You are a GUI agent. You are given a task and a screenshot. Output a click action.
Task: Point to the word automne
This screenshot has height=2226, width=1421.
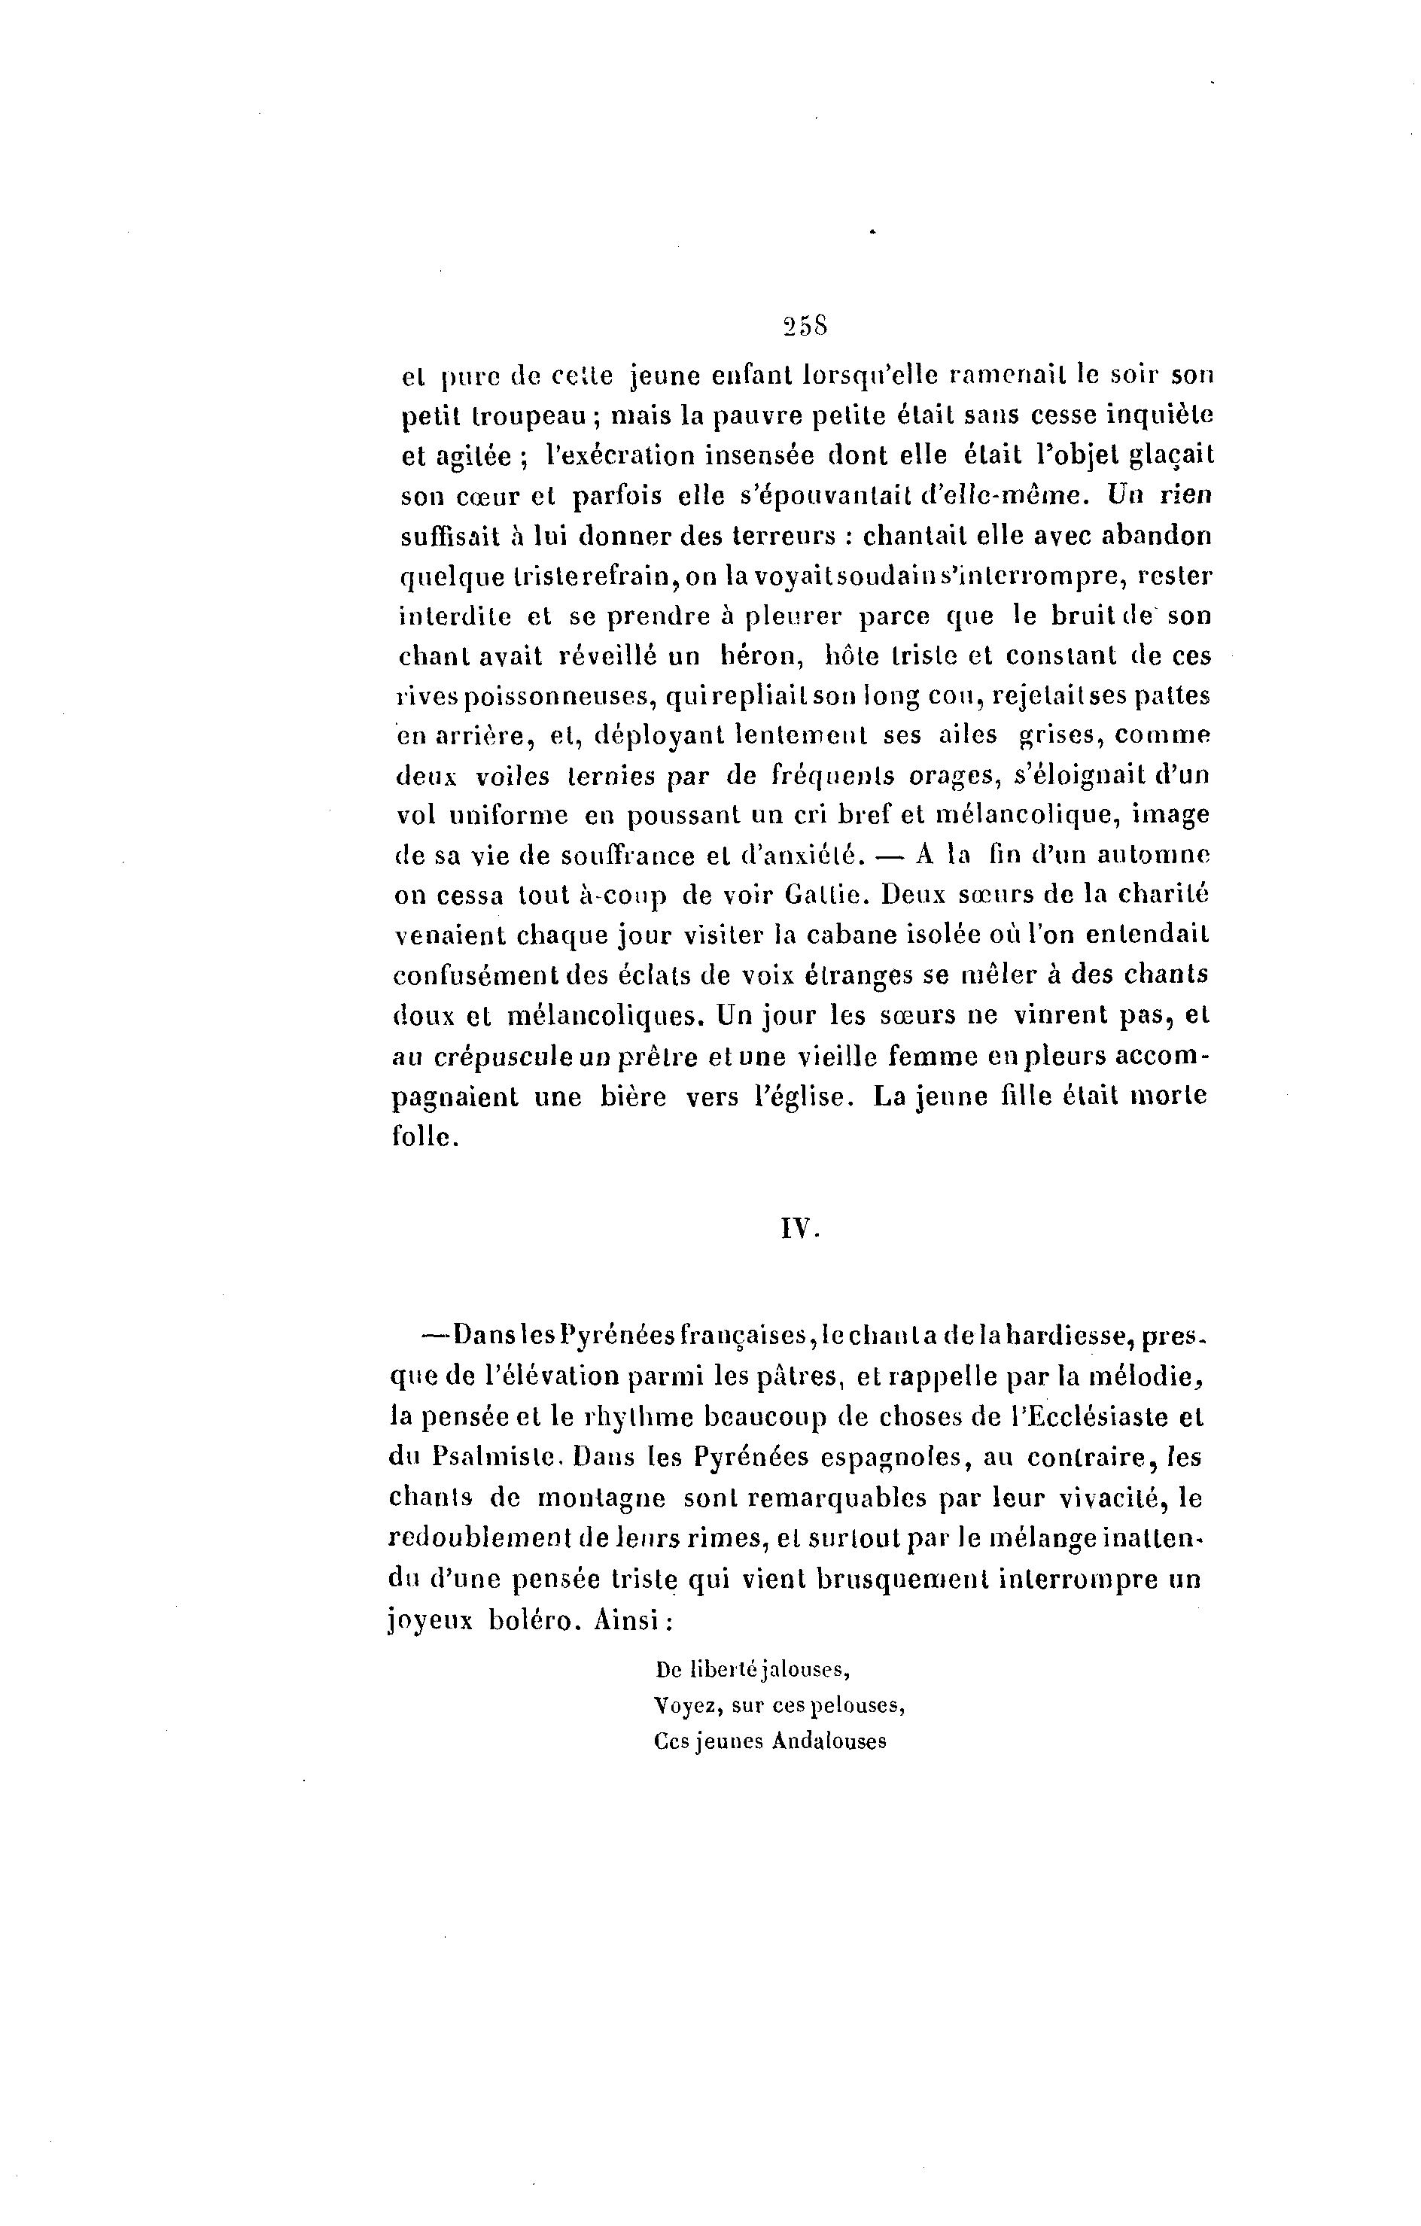1152,856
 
